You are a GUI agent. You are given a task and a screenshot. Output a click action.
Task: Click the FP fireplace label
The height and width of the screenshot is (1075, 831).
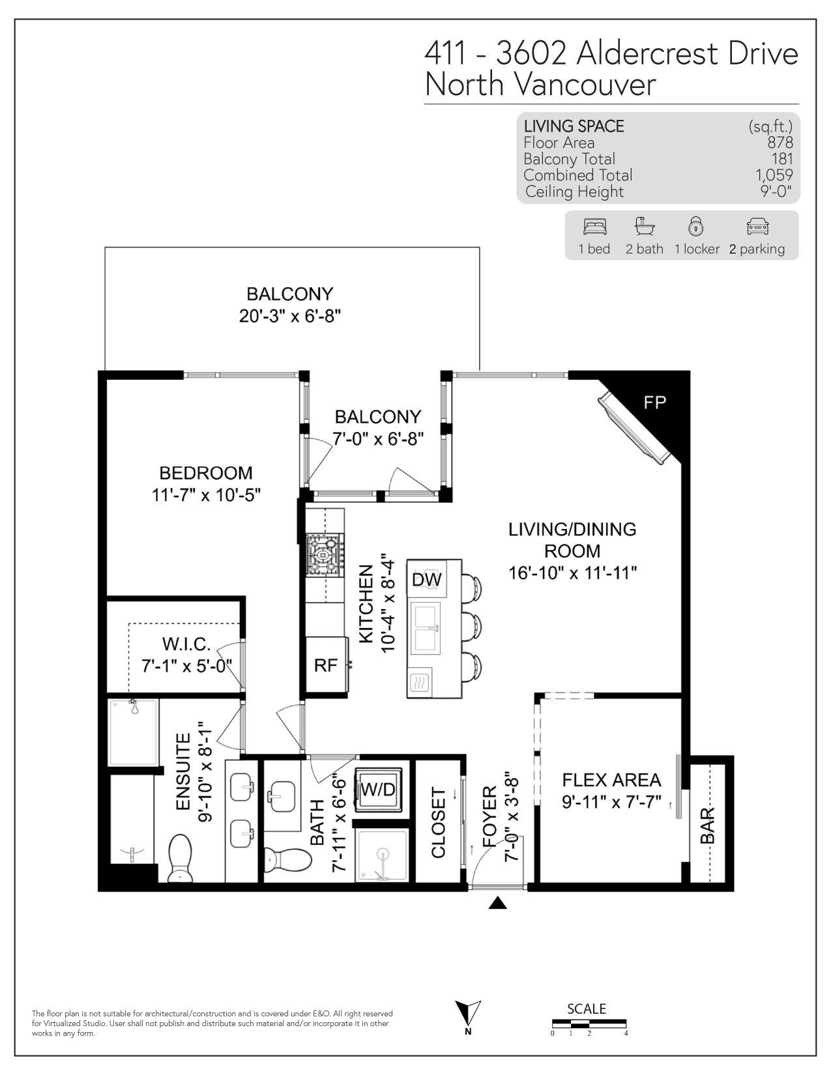[654, 403]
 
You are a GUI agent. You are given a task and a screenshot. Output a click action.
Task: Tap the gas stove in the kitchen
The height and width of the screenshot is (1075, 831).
[325, 555]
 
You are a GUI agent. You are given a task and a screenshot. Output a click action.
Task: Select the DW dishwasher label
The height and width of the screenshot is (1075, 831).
[427, 579]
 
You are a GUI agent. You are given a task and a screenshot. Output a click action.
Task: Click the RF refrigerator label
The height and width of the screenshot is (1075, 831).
[326, 665]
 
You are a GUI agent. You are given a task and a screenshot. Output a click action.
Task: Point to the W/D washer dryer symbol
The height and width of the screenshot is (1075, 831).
[378, 790]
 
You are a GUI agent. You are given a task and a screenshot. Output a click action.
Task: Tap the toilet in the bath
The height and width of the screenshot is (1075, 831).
[287, 860]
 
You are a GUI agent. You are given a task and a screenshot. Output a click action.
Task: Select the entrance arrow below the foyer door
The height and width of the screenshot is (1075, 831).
[498, 904]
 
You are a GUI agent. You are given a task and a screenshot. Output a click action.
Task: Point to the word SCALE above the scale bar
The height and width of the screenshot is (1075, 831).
[587, 1009]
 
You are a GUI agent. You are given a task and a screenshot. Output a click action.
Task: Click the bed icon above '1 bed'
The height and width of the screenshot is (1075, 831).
[595, 227]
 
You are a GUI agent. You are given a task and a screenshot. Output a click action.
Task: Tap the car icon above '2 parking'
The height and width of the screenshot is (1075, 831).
[758, 227]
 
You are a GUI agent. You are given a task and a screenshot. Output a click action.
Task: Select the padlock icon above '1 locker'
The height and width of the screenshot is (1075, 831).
[696, 226]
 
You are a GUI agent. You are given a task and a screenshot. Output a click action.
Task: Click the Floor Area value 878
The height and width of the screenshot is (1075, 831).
[780, 143]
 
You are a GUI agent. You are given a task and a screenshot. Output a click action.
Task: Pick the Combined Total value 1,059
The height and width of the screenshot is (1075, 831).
[774, 175]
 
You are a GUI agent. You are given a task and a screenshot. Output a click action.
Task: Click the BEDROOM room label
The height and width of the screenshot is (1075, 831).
[206, 473]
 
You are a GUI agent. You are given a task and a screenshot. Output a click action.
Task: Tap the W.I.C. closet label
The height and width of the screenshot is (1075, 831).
[186, 644]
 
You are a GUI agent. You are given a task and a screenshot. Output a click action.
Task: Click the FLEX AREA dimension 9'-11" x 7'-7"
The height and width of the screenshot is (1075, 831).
[612, 801]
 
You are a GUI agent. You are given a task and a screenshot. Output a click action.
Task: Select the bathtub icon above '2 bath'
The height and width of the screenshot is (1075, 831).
[645, 227]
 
